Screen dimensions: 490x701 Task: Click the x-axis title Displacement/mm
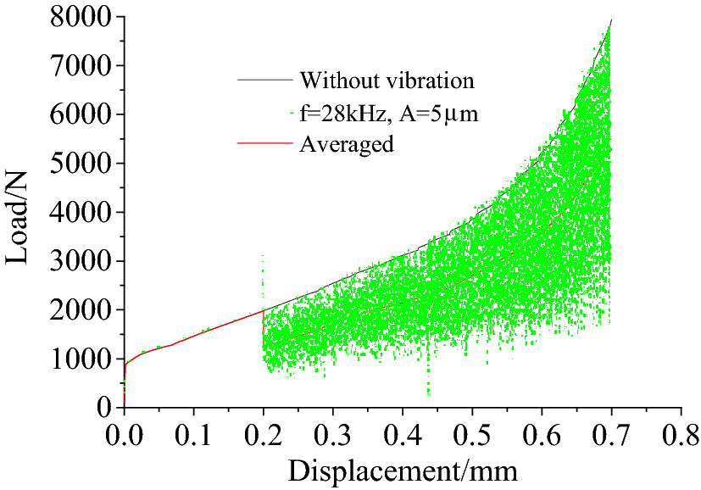403,469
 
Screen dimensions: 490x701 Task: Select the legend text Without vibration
387,81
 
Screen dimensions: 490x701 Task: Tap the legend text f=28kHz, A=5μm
383,113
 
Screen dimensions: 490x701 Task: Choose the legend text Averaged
346,144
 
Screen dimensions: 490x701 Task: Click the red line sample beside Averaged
265,145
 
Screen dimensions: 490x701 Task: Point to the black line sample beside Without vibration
265,81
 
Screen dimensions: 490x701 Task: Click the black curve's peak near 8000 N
610,19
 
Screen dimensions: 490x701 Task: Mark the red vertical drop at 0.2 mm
264,326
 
